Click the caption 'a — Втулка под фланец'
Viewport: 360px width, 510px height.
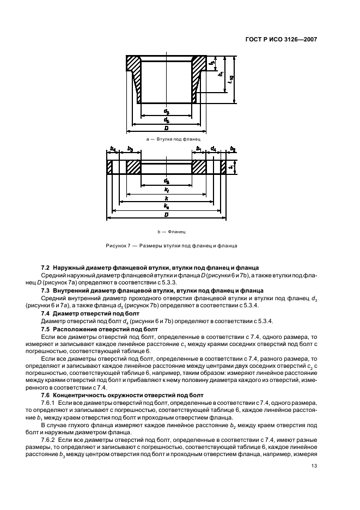(x=166, y=139)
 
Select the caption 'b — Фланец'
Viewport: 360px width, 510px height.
(x=166, y=232)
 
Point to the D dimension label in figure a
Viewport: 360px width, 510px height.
(x=166, y=128)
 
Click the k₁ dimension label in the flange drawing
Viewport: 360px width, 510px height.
(x=166, y=190)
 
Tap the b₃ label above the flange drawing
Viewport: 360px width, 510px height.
(x=130, y=149)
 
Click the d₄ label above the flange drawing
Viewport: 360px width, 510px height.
(x=213, y=149)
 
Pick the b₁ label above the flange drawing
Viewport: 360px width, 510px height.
(x=199, y=149)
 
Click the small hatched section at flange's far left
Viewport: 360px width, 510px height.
(x=109, y=166)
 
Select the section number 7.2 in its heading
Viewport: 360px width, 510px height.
(x=46, y=268)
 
